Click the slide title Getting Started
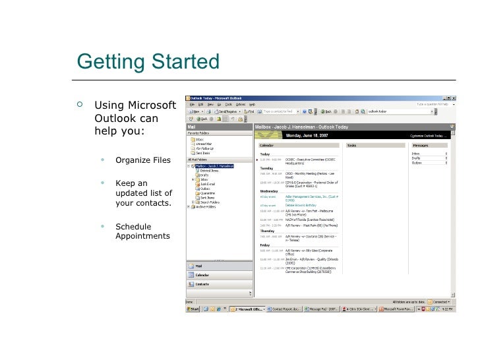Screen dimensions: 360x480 (x=148, y=61)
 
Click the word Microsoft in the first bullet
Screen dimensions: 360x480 (x=152, y=106)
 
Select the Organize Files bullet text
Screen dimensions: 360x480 (x=142, y=160)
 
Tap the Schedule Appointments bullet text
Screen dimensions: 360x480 (x=142, y=231)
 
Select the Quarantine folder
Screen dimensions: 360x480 (x=207, y=193)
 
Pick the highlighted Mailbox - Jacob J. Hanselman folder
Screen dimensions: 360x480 (x=214, y=165)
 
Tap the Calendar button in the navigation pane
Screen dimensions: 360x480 (x=202, y=275)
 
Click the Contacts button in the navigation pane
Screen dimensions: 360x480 (x=202, y=284)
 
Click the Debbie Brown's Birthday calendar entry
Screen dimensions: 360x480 (x=301, y=205)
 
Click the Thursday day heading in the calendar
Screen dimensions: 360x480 (x=268, y=231)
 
